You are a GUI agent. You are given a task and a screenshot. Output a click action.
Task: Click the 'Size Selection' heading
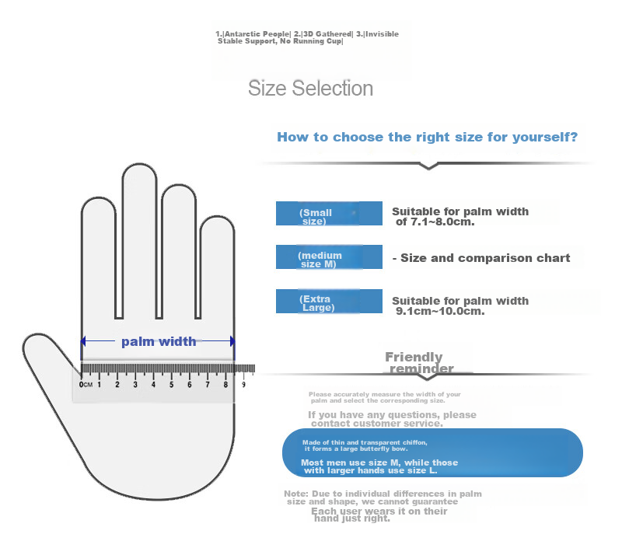click(310, 89)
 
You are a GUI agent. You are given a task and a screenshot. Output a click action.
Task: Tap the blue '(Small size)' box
click(329, 213)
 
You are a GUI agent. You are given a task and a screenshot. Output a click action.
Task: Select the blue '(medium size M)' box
click(329, 257)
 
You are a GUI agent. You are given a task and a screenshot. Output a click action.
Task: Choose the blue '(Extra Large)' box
click(329, 301)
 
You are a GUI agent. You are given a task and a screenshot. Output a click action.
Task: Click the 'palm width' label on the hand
click(159, 341)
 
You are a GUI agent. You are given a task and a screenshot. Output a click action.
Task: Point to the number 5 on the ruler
click(171, 385)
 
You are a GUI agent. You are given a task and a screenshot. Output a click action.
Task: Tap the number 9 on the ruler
click(243, 385)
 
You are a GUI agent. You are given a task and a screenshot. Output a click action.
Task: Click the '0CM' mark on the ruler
click(86, 385)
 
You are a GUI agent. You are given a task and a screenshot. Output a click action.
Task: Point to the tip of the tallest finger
click(139, 163)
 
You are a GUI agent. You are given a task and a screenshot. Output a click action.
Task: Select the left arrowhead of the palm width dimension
click(83, 341)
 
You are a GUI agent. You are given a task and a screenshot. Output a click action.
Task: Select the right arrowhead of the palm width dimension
click(232, 341)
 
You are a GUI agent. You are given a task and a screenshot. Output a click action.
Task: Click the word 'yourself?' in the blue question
click(545, 138)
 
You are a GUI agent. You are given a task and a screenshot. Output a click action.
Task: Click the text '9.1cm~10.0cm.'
click(440, 311)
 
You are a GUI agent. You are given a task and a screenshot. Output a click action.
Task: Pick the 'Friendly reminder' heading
click(419, 362)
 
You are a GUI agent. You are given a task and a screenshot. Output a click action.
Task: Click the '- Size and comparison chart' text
click(481, 258)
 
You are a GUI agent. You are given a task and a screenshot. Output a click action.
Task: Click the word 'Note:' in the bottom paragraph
click(296, 494)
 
